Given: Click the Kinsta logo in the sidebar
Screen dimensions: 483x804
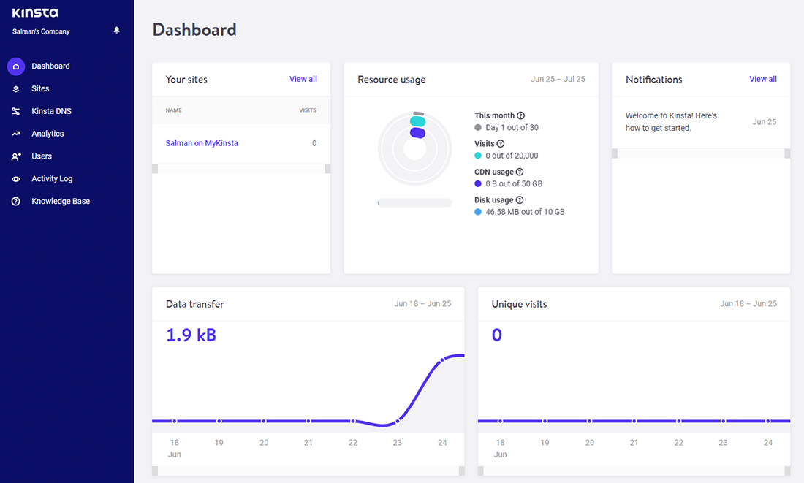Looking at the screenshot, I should click(35, 13).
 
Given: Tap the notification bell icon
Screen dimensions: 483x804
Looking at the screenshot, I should click(117, 31).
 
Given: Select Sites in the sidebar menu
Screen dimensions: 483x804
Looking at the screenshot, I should click(40, 88).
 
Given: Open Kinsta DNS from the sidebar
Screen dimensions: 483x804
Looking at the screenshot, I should click(51, 111).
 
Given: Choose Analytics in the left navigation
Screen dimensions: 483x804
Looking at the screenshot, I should click(48, 134).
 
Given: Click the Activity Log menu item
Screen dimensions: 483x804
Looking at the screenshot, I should click(52, 178).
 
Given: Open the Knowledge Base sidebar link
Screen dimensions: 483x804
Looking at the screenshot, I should click(61, 201).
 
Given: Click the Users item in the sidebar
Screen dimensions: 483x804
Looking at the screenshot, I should click(42, 156).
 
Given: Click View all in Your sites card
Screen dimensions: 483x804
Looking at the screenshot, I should click(303, 79).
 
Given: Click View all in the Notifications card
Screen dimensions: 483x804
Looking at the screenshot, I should click(762, 79).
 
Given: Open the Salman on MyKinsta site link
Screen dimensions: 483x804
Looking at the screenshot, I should click(202, 143).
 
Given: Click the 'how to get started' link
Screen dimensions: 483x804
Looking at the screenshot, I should click(658, 128).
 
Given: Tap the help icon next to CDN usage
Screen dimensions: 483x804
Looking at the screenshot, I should click(520, 172).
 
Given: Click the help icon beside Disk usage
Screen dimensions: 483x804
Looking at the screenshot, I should click(520, 200).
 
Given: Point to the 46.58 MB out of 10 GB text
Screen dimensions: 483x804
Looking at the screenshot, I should click(525, 212).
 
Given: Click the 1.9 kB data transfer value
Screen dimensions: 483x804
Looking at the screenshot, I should click(191, 335).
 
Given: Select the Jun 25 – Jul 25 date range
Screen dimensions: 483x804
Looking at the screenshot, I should click(558, 79).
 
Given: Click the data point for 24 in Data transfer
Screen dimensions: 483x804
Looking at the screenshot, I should click(441, 360).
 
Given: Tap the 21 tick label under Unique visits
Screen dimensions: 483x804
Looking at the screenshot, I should click(634, 442).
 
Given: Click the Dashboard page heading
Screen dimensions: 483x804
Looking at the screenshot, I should click(194, 30).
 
